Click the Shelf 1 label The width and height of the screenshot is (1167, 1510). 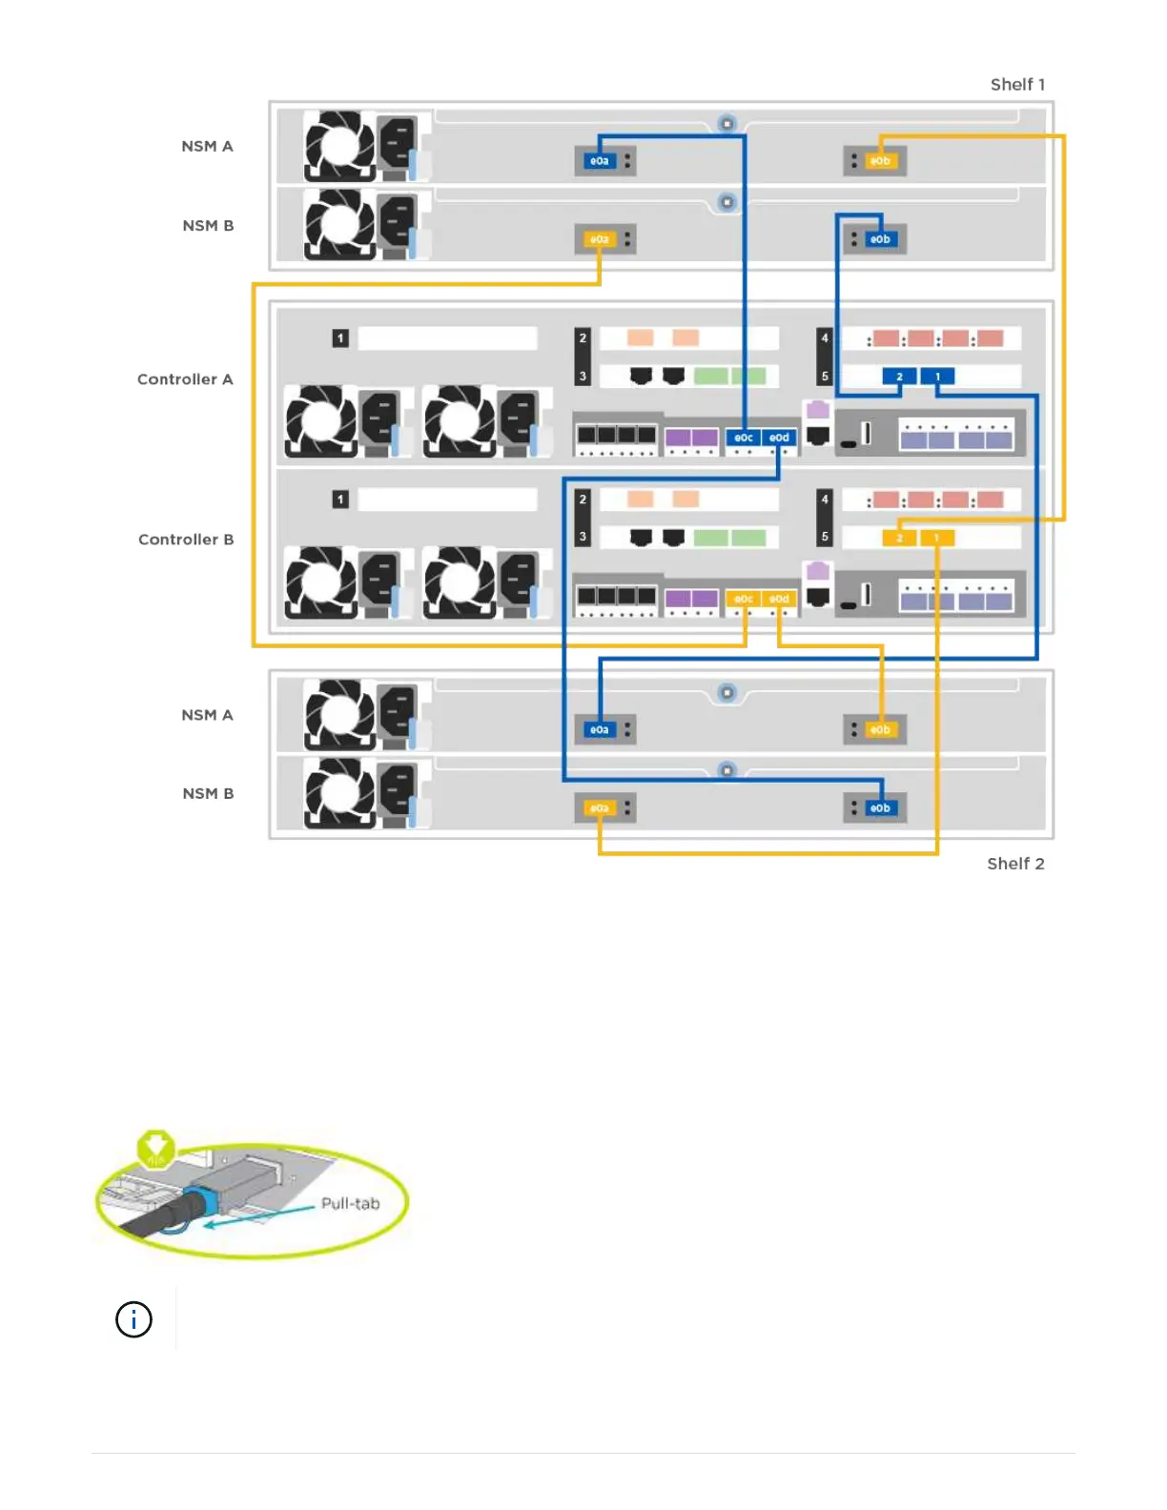tap(1017, 85)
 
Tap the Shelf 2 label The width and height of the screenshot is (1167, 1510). tap(1015, 864)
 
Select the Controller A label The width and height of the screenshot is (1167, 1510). tap(185, 379)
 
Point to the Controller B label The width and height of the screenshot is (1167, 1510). tap(186, 540)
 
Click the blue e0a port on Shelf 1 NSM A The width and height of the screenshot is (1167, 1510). tap(599, 161)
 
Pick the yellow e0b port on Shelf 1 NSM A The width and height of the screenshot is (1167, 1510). tap(880, 161)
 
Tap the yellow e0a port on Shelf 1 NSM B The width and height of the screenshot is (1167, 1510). tap(599, 239)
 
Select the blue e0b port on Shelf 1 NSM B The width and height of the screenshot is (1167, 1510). tap(880, 239)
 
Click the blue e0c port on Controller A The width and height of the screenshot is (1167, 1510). tap(744, 438)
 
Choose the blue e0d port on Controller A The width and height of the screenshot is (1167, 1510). tap(779, 438)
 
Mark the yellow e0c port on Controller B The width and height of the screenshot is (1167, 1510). tap(744, 599)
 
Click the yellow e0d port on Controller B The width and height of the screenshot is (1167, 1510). tap(779, 599)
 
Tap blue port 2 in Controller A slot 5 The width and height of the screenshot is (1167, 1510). tap(899, 377)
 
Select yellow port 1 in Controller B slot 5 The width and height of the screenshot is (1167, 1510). tap(936, 539)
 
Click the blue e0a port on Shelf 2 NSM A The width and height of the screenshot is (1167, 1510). tap(599, 730)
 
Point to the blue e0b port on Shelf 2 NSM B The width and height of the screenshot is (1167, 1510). tap(880, 808)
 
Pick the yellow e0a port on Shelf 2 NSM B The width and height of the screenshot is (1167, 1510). tap(599, 808)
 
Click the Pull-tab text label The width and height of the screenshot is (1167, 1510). tap(350, 1204)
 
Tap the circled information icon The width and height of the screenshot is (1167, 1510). tap(133, 1319)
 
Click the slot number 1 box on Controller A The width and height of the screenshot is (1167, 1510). tap(340, 338)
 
